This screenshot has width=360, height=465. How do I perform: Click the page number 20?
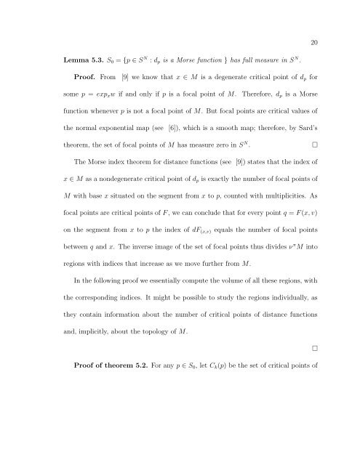[x=314, y=21]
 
